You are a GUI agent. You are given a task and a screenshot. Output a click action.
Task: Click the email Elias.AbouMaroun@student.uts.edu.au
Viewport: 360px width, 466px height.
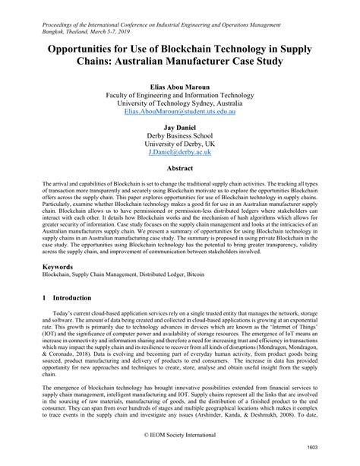tap(180, 111)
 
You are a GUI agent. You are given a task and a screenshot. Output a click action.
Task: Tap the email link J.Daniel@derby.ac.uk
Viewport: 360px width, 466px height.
tap(180, 152)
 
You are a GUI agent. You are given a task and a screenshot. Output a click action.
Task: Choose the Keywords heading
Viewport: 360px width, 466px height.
tap(59, 268)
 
